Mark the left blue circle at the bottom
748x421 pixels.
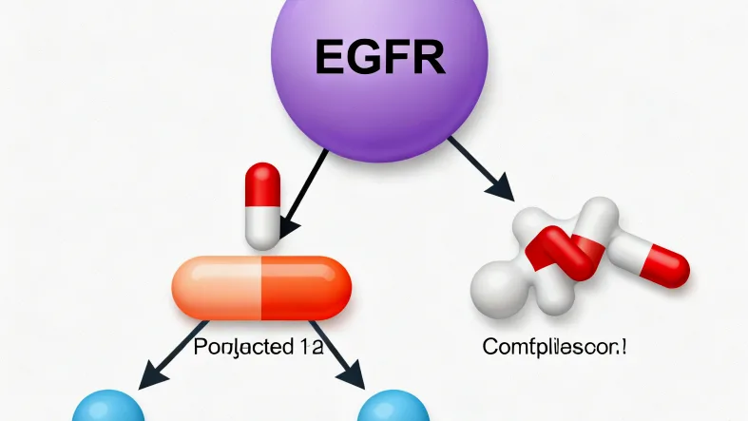pos(108,409)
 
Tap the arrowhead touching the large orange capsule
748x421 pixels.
pos(285,228)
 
